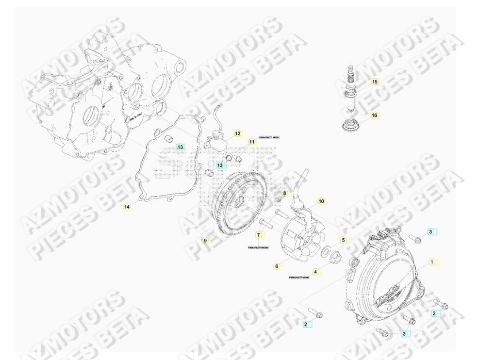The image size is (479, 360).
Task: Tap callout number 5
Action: pos(343,240)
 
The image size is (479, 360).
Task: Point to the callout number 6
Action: pos(277,266)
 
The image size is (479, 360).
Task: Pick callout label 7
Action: pos(259,235)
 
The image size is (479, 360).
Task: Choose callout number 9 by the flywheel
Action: pos(205,240)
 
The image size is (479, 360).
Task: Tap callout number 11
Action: pos(251,142)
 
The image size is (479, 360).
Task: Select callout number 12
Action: pos(237,133)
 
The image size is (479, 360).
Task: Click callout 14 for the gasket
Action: pos(127,207)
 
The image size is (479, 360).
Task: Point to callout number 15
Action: pos(374,82)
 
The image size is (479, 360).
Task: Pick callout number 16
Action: pos(374,115)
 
